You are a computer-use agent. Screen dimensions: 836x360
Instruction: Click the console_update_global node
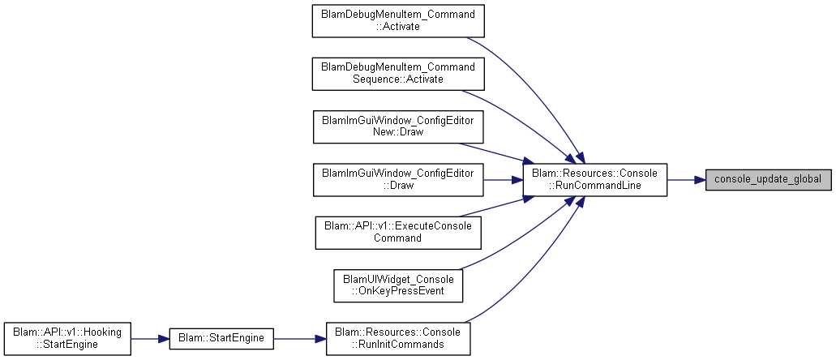[768, 180]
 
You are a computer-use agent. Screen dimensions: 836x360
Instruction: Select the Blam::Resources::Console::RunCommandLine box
[594, 180]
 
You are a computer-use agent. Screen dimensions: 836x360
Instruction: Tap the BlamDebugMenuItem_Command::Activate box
[398, 21]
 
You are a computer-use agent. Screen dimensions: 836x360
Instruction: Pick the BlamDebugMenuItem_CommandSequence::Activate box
[398, 74]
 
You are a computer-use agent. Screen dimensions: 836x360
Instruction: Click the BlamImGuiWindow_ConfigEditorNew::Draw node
[398, 126]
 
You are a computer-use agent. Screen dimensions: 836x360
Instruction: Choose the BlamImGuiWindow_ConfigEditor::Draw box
[398, 180]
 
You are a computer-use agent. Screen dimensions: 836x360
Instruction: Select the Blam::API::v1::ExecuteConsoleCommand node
[398, 233]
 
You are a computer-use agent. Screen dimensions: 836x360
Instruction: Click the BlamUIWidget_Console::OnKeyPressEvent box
[398, 285]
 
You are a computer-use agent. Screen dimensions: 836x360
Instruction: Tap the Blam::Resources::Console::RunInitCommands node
[398, 339]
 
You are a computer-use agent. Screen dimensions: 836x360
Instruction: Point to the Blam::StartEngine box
[221, 339]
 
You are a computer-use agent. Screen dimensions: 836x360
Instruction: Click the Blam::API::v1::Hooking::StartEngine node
[66, 339]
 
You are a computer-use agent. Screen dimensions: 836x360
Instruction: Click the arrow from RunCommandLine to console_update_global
[686, 180]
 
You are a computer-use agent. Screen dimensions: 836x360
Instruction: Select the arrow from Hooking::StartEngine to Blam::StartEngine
[150, 339]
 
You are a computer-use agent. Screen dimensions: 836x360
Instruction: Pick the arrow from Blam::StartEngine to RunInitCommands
[300, 339]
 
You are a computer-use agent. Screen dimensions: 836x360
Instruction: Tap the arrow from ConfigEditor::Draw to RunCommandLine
[503, 180]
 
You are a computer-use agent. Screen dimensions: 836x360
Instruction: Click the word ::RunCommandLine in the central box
[594, 186]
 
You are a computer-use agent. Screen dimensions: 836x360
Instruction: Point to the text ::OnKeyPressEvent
[398, 291]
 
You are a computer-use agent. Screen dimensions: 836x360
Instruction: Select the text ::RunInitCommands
[398, 344]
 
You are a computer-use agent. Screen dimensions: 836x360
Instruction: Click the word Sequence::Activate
[398, 79]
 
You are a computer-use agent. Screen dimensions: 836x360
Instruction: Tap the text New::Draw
[398, 132]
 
